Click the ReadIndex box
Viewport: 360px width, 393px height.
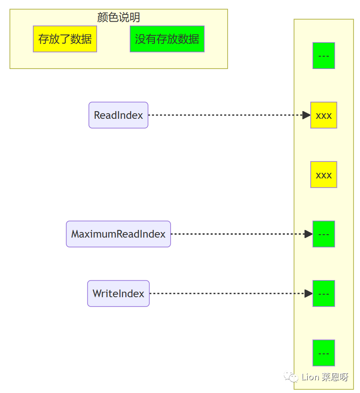[118, 115]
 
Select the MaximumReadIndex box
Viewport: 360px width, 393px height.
[118, 234]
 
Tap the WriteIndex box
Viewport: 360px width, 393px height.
[118, 293]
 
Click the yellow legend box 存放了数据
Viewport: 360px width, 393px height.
[65, 39]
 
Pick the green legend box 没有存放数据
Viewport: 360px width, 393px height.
[167, 39]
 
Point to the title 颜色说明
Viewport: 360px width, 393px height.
[118, 17]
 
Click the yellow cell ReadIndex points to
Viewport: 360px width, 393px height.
[324, 115]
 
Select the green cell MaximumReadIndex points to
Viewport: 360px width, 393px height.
[324, 234]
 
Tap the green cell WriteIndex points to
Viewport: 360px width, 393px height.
[324, 293]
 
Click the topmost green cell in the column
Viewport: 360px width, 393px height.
[324, 56]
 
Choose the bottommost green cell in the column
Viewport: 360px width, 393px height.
[324, 353]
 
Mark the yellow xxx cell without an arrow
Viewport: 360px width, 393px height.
[324, 175]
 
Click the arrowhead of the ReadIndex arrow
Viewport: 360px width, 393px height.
[306, 115]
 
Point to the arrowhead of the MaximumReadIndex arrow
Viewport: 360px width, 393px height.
[309, 234]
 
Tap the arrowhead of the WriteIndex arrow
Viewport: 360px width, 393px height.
[309, 293]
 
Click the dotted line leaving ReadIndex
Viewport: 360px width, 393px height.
[226, 115]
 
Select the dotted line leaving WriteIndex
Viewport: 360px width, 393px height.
[227, 293]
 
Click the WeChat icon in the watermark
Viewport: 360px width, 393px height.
[291, 377]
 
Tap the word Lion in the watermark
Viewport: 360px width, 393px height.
[310, 377]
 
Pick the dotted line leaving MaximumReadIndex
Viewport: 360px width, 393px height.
[238, 234]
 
